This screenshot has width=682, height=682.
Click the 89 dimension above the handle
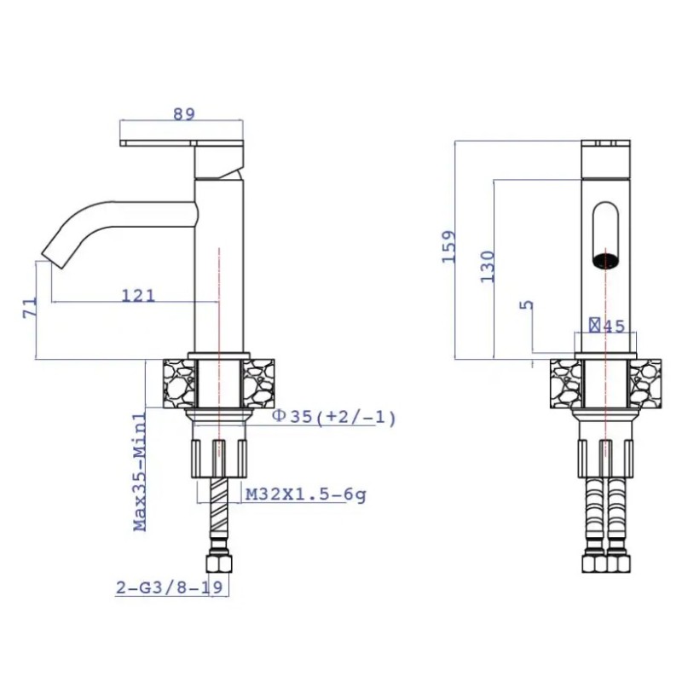184,114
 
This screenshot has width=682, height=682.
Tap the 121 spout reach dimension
138,296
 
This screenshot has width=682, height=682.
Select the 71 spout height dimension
30,308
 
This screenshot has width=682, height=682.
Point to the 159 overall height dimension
449,246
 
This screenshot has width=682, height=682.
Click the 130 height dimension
487,267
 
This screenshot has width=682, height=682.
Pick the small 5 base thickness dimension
526,304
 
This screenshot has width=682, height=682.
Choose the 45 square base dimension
607,326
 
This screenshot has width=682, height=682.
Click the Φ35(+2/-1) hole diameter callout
334,417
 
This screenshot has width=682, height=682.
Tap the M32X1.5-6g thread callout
306,494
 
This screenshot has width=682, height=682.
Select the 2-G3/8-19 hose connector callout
169,587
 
